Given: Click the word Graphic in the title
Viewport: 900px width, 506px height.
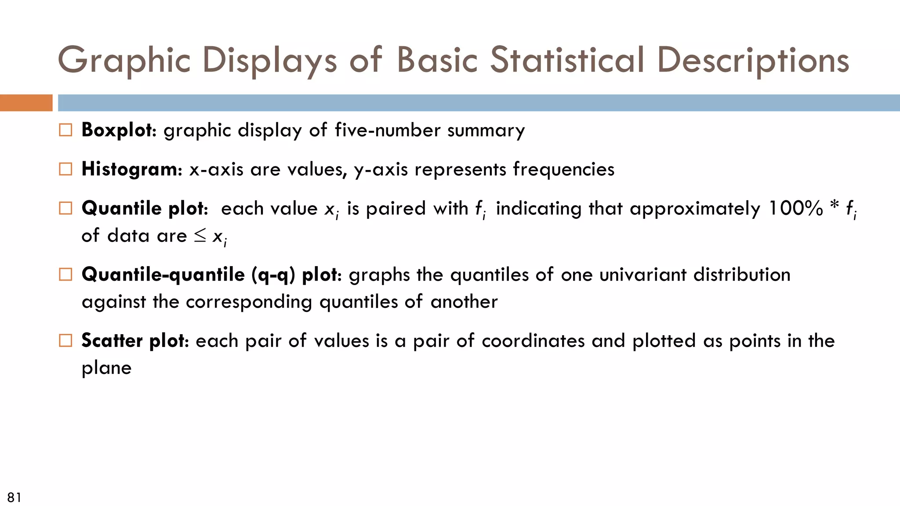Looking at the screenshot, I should [124, 61].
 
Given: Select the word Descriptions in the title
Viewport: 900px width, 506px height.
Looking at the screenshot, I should [753, 61].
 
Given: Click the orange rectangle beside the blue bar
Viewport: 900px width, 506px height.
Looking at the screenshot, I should [26, 103].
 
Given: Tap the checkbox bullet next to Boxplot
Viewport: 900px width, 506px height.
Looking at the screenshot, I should [65, 130].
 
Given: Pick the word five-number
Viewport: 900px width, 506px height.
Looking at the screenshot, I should [388, 130].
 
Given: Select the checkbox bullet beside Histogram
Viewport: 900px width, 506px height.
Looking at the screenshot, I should [65, 169].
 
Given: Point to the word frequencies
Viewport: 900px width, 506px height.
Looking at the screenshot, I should [564, 169].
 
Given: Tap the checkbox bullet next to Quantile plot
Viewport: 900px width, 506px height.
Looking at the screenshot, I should [65, 208].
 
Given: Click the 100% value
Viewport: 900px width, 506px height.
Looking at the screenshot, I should [795, 208].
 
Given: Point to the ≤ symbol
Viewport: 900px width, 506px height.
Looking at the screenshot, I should [200, 236].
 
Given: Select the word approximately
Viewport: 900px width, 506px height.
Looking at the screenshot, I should [695, 209].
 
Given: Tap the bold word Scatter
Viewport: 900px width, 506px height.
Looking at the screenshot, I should [112, 341].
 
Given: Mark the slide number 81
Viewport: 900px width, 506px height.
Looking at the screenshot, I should [14, 497].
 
